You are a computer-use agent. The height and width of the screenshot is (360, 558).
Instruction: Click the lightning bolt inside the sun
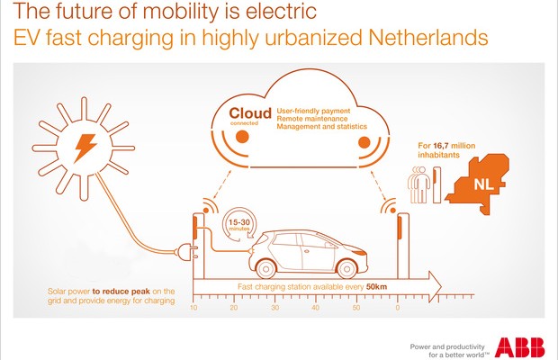(x=85, y=148)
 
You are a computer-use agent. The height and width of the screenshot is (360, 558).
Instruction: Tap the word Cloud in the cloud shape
(x=250, y=113)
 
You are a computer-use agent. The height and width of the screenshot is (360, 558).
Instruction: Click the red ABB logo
(x=519, y=346)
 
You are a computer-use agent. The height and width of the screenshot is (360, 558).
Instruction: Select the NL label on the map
(x=483, y=184)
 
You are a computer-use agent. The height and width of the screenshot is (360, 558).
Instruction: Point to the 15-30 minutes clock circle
(x=239, y=225)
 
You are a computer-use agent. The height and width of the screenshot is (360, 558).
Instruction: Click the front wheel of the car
(x=346, y=268)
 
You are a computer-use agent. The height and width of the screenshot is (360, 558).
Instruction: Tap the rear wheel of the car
(x=265, y=268)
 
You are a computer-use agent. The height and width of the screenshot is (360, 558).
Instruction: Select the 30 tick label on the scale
(x=274, y=308)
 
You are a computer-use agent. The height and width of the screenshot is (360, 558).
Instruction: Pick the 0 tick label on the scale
(x=398, y=308)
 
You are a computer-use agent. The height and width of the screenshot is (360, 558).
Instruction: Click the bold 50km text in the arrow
(x=376, y=287)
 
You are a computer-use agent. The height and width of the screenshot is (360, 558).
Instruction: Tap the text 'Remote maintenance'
(x=311, y=119)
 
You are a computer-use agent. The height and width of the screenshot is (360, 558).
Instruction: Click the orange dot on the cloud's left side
(x=242, y=137)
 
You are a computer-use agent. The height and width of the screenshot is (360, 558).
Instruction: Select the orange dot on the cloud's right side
(x=364, y=142)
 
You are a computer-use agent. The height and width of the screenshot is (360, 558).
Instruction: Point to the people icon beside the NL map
(x=418, y=184)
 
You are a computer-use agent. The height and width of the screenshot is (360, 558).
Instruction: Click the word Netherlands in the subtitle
(x=428, y=38)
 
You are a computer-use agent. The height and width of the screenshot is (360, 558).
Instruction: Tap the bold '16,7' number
(x=441, y=146)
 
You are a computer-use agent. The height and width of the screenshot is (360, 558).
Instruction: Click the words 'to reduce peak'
(x=121, y=292)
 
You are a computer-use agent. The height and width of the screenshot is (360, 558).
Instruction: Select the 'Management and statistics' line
(x=321, y=127)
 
